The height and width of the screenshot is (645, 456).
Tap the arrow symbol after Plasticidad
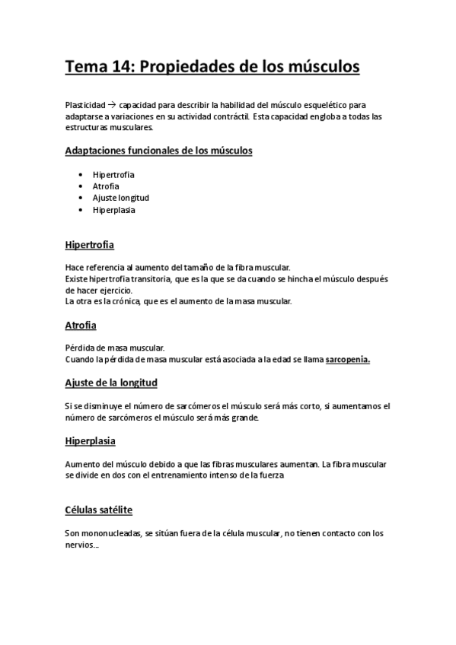point(110,105)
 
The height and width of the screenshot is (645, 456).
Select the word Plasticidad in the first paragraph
point(85,105)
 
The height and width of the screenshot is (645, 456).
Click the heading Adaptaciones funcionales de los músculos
point(158,151)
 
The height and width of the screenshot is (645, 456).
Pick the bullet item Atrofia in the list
point(106,186)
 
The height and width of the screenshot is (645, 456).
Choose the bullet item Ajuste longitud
point(121,198)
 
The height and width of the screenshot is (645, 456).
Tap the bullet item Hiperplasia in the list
point(114,210)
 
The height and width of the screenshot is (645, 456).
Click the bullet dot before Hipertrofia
point(81,175)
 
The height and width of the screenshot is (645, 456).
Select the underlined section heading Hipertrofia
point(90,246)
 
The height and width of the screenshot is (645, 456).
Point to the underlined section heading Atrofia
point(81,325)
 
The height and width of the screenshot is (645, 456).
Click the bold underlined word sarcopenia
point(347,359)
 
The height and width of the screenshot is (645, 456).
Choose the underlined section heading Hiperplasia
point(90,440)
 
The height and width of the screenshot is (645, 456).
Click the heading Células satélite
point(99,510)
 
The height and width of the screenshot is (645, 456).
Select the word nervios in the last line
point(80,545)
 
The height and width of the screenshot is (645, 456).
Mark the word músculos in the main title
point(319,68)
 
